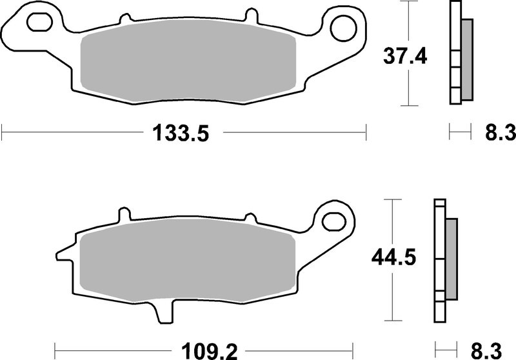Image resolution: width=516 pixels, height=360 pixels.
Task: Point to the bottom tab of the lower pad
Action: [165, 313]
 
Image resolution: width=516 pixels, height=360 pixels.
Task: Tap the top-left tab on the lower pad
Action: [124, 214]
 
